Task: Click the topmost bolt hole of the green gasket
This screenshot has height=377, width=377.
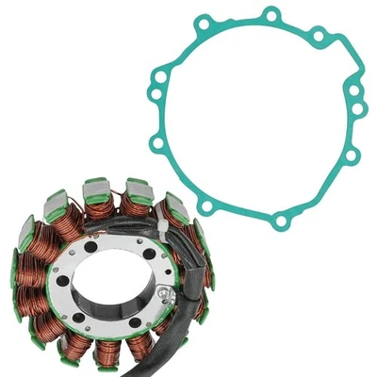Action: (x=272, y=15)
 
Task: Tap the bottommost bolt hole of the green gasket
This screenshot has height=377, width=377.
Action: (x=279, y=221)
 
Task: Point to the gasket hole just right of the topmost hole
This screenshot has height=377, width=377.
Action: (x=318, y=36)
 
